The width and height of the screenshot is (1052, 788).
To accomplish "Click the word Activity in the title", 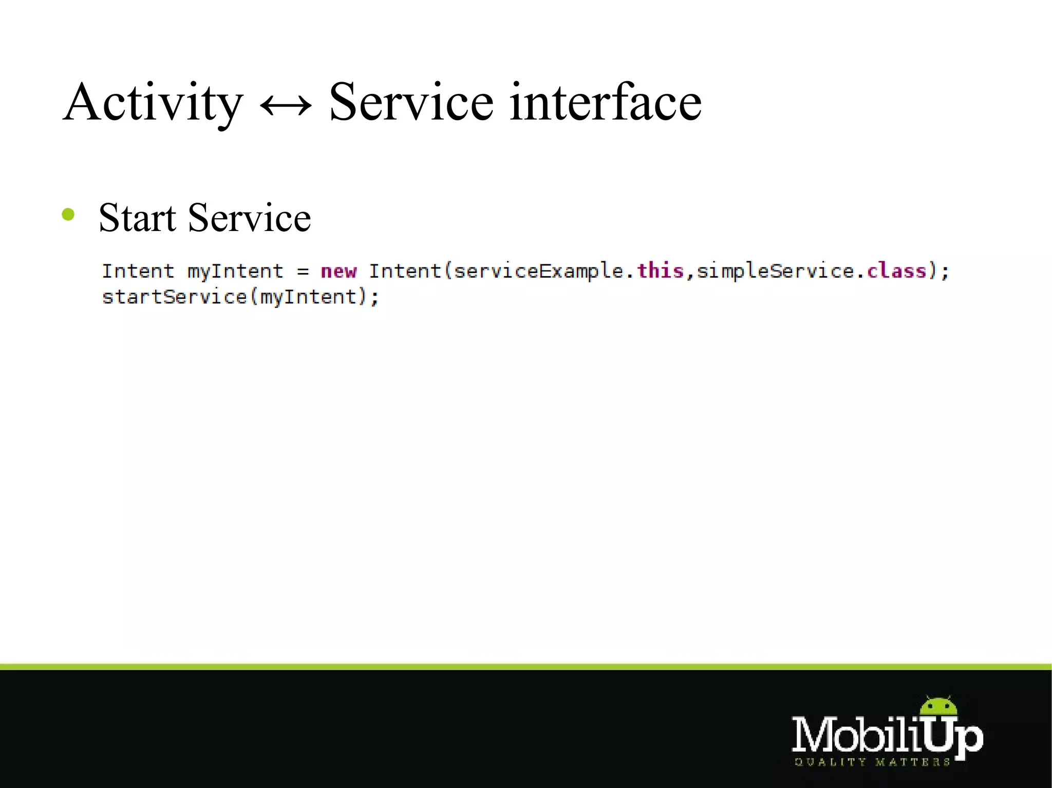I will [153, 103].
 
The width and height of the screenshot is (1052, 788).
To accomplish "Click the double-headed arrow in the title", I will [286, 105].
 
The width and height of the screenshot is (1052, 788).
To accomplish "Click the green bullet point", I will [68, 215].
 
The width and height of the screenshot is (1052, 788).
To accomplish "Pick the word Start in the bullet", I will [137, 218].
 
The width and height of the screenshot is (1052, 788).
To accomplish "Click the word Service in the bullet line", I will [250, 218].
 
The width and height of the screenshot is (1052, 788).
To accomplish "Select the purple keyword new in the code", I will [339, 271].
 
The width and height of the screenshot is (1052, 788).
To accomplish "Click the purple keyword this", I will [660, 270].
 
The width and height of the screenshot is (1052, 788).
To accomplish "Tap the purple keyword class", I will [896, 270].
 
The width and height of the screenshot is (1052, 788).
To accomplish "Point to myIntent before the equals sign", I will [235, 271].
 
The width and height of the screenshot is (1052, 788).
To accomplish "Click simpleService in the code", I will [775, 271].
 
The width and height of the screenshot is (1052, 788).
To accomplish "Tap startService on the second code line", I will [175, 297].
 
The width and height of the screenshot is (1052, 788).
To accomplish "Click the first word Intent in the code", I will [138, 271].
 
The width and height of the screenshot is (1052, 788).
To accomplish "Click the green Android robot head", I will [938, 706].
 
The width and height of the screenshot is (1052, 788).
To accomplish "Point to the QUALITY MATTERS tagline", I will [872, 762].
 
